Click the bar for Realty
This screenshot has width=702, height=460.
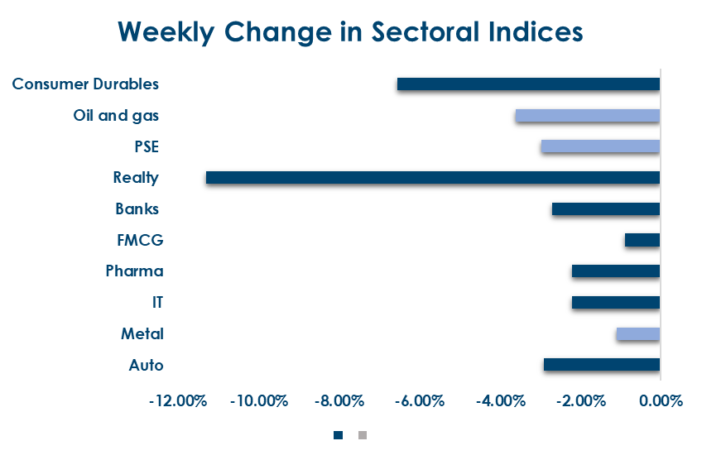432,177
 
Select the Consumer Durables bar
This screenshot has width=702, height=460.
528,84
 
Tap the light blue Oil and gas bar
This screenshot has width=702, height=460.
587,115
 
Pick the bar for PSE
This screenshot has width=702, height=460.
600,146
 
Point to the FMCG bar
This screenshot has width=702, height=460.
642,240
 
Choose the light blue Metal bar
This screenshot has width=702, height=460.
637,333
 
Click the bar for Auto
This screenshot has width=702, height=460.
601,364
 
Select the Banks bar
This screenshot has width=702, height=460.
605,208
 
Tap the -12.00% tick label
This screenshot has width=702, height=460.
177,401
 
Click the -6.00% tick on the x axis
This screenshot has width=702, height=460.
419,401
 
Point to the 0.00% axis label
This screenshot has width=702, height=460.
660,401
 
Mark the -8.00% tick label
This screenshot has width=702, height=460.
339,401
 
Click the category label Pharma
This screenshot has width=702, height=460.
134,271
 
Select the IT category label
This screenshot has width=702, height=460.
157,302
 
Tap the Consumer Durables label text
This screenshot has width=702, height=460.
85,84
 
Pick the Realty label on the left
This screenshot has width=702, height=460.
136,177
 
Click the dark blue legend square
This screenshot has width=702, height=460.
338,434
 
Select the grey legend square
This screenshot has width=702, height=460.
362,434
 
